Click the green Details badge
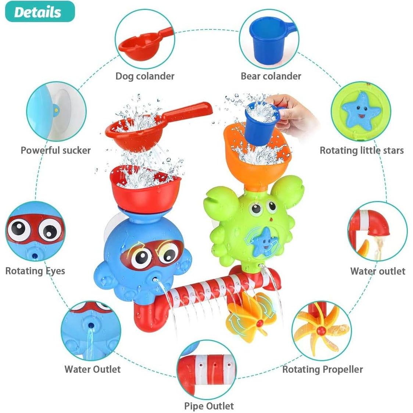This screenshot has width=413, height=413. (37, 12)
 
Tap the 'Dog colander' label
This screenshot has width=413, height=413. (145, 76)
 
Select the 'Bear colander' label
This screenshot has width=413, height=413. (271, 76)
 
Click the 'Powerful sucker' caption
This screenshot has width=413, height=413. (55, 150)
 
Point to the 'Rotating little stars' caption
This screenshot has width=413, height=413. (362, 150)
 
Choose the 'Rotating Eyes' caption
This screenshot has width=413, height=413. (35, 271)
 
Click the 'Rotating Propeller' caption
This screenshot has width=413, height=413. (322, 369)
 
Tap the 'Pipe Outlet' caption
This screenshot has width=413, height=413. (209, 406)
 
